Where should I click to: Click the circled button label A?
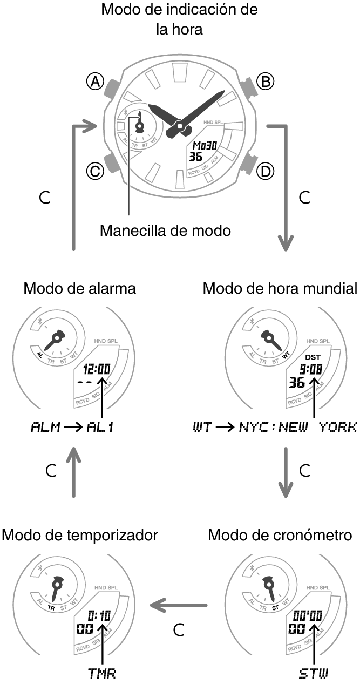pos(96,82)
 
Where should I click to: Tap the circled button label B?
pos(264,82)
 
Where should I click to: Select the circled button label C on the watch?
pos(96,172)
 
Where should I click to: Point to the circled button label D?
pos(264,172)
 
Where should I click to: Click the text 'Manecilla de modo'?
pos(165,231)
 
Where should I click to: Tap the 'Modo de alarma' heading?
pos(79,289)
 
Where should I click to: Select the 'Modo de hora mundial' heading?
pos(280,289)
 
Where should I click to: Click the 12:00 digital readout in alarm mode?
pos(98,370)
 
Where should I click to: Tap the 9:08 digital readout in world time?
pos(311,370)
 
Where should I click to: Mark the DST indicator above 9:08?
pos(312,357)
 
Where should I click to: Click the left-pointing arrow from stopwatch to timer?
pos(178,605)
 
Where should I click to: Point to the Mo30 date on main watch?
pos(205,146)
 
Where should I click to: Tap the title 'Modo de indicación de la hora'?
pos(179,19)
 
